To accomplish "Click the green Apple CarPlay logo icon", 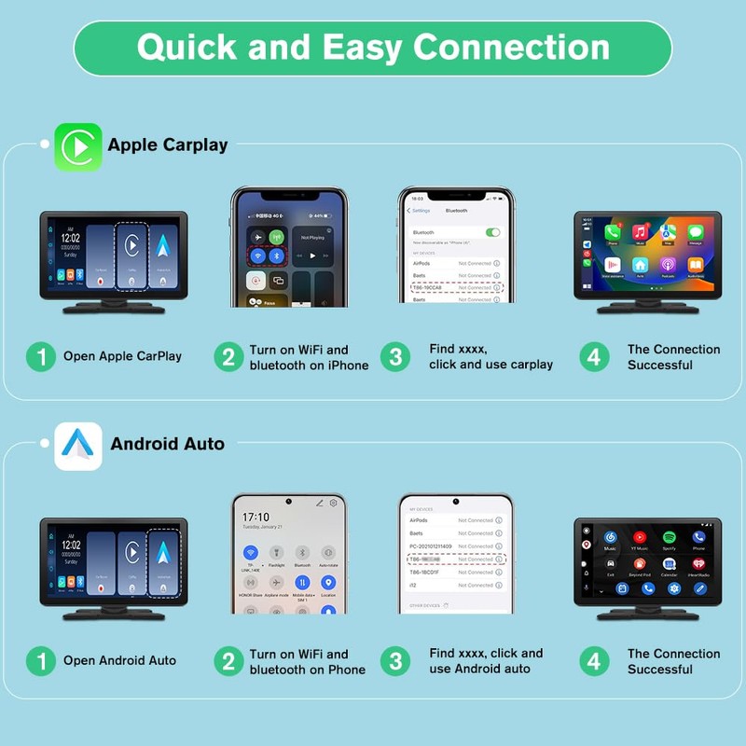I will point(78,146).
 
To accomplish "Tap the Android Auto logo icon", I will point(78,446).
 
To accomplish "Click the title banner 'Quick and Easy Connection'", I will point(373,48).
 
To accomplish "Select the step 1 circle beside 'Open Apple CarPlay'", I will point(40,356).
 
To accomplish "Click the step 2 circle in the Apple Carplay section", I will point(228,357).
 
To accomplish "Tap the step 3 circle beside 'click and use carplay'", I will point(395,357).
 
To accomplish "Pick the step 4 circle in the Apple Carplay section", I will point(594,357).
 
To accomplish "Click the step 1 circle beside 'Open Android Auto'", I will point(40,661).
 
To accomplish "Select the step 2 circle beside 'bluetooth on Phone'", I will point(228,661).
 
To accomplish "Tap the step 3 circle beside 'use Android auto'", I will point(395,661).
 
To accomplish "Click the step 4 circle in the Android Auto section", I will point(594,661).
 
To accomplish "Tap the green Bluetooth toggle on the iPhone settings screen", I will point(492,232).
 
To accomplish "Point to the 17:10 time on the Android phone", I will point(256,517).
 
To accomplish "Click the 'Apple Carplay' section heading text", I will point(168,145).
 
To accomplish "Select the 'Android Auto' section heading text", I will point(168,444).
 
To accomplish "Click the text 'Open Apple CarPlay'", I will point(122,356).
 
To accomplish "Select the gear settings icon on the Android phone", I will point(333,504).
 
